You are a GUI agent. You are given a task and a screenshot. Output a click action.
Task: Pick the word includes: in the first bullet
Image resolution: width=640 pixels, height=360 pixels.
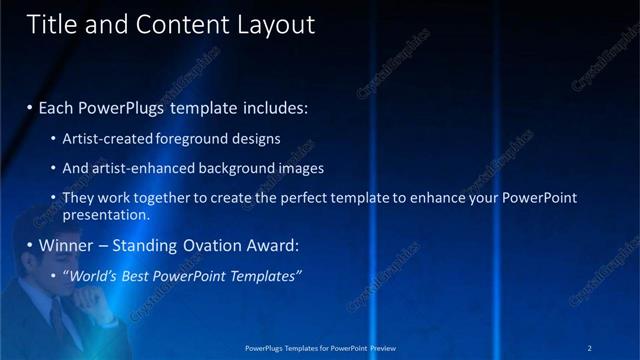click(x=272, y=105)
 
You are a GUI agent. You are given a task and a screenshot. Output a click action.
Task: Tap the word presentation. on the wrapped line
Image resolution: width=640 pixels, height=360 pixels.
click(x=106, y=214)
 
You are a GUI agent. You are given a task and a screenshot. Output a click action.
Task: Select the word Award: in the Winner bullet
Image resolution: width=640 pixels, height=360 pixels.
click(x=271, y=245)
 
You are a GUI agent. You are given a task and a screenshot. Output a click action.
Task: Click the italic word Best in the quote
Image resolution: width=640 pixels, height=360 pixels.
click(x=134, y=275)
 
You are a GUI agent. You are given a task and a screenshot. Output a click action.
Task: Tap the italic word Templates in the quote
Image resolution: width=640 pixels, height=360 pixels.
click(x=265, y=275)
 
